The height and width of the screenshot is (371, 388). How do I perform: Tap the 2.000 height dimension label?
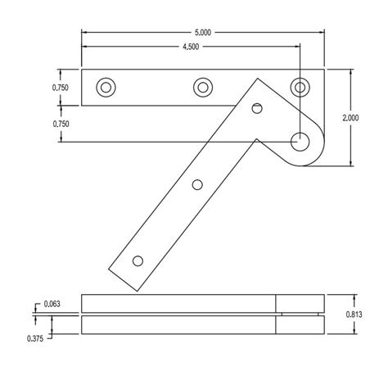tap(350, 117)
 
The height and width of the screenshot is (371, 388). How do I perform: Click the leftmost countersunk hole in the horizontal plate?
tap(106, 87)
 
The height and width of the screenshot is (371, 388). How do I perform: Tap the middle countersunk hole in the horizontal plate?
tap(203, 87)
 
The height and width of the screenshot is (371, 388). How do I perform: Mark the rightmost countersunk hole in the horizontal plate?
tap(301, 87)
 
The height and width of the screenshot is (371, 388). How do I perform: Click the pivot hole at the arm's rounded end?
tap(301, 141)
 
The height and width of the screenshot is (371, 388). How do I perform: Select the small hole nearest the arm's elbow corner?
tap(257, 107)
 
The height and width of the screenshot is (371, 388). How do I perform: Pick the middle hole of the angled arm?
tap(197, 184)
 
